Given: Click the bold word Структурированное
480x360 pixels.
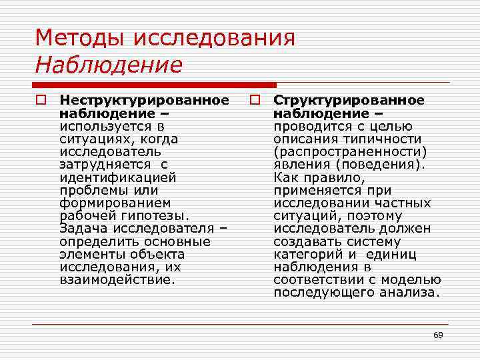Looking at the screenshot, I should point(348,101).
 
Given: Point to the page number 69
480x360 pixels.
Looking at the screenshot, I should point(438,335).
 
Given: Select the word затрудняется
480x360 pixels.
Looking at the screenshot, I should point(103,165).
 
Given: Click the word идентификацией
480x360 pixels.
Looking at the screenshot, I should point(117,177).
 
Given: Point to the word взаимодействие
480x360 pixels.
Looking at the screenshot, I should point(116,279).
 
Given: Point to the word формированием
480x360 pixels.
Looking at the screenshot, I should point(115,203).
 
